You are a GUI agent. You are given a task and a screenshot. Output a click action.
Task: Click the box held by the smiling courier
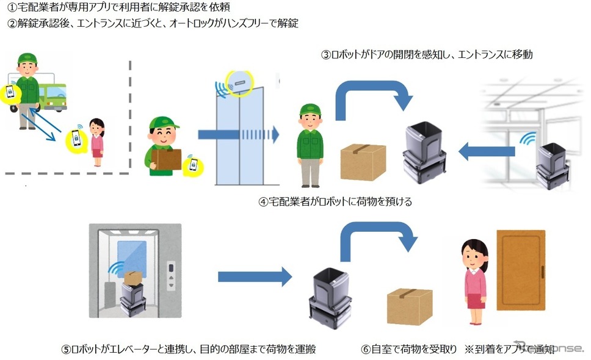[166, 160]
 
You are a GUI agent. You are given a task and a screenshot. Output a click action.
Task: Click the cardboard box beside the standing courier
[363, 162]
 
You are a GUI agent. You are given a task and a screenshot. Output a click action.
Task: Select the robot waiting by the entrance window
[551, 164]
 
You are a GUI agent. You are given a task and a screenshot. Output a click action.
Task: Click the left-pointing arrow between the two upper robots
[479, 151]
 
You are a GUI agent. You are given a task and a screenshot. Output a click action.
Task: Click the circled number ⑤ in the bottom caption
[65, 349]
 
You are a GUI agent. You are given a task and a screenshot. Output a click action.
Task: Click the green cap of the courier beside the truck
[27, 59]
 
